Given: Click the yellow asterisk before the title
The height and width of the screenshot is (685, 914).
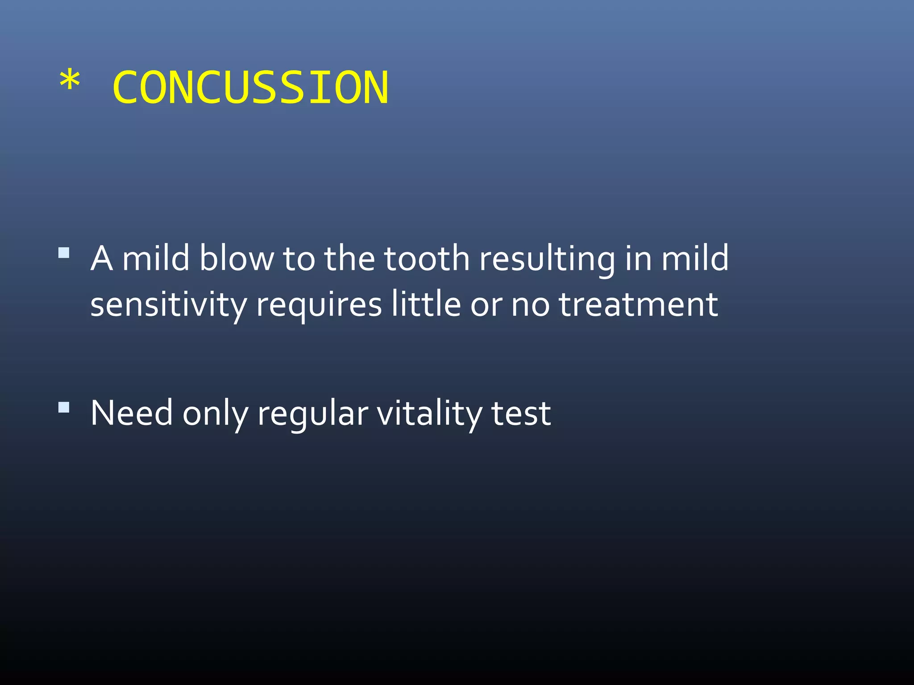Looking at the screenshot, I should pyautogui.click(x=70, y=82).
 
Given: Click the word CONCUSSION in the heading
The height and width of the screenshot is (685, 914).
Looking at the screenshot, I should pyautogui.click(x=250, y=88).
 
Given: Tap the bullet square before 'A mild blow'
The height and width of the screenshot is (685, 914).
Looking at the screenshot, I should pyautogui.click(x=64, y=253).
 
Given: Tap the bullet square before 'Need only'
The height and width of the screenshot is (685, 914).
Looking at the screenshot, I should pyautogui.click(x=64, y=408).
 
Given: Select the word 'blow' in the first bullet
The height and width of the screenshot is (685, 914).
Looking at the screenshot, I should pyautogui.click(x=237, y=259).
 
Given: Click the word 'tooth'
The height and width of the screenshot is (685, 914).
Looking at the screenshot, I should pyautogui.click(x=427, y=259).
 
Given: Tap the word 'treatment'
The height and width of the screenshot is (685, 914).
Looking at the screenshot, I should pyautogui.click(x=639, y=305).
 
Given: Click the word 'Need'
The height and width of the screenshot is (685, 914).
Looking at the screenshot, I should pyautogui.click(x=132, y=413).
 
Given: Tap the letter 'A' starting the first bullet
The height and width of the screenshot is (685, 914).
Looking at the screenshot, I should pyautogui.click(x=101, y=259).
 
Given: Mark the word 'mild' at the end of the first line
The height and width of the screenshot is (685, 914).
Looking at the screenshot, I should pyautogui.click(x=695, y=259).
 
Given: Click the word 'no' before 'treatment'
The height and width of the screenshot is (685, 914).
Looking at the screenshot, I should pyautogui.click(x=530, y=306).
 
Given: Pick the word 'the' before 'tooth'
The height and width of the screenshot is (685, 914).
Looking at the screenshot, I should pyautogui.click(x=349, y=259).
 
